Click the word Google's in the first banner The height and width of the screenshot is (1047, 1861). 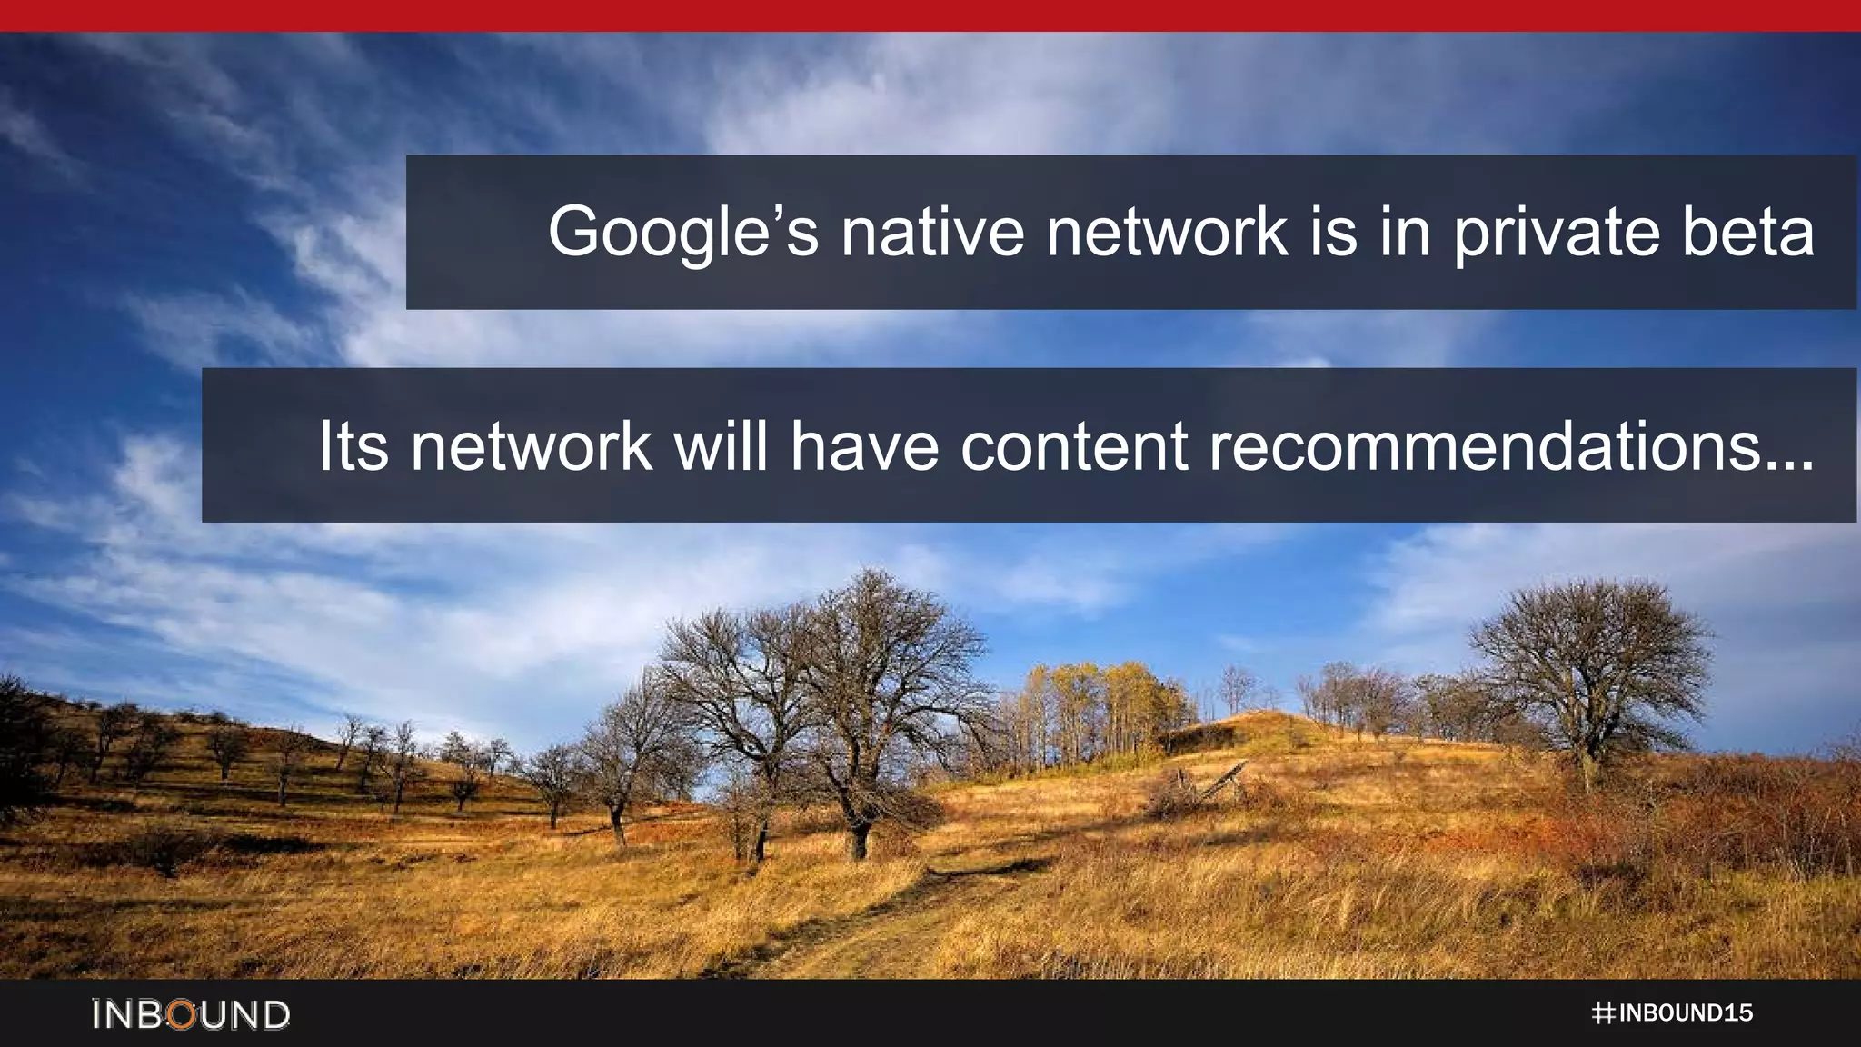click(682, 233)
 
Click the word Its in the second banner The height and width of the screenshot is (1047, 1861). click(353, 446)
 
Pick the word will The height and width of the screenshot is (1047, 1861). click(721, 446)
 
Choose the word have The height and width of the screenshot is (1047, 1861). click(864, 446)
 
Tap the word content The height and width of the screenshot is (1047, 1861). click(1074, 446)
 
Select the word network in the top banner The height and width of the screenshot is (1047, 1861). click(1167, 233)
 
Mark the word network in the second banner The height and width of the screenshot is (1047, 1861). click(531, 446)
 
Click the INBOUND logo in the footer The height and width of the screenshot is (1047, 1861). click(191, 1014)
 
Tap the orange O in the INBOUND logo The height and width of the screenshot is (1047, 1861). click(184, 1014)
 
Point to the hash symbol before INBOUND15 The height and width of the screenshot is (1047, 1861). click(1603, 1013)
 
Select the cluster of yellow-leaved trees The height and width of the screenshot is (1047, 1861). click(1100, 704)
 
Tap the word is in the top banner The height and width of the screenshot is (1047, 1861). click(1333, 233)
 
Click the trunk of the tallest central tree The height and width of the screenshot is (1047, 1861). click(858, 832)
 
